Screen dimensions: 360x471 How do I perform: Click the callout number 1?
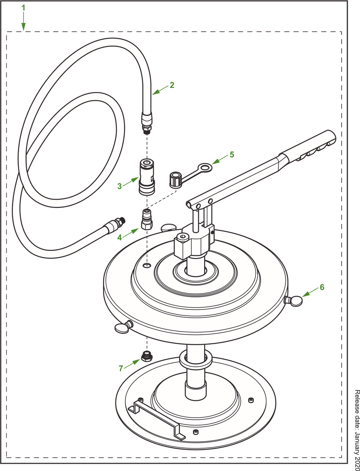click(x=24, y=8)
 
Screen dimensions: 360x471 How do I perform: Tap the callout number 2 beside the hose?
click(x=172, y=85)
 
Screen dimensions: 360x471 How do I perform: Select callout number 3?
click(x=120, y=186)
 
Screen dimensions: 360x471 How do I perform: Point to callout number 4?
click(x=120, y=237)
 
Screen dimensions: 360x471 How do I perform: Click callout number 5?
click(x=232, y=155)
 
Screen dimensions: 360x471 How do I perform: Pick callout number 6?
click(x=322, y=287)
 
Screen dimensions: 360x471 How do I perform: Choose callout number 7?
click(x=121, y=368)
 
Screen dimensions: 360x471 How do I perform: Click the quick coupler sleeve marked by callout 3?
click(x=147, y=177)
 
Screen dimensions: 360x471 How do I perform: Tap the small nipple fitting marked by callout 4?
click(x=147, y=219)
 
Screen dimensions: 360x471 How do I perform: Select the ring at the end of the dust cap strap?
click(x=205, y=167)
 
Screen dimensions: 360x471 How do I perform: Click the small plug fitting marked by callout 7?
click(x=147, y=357)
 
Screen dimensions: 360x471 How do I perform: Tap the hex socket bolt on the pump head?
click(x=183, y=237)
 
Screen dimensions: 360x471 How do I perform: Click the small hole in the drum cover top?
click(x=147, y=265)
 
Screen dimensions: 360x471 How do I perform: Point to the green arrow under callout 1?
click(x=24, y=21)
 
